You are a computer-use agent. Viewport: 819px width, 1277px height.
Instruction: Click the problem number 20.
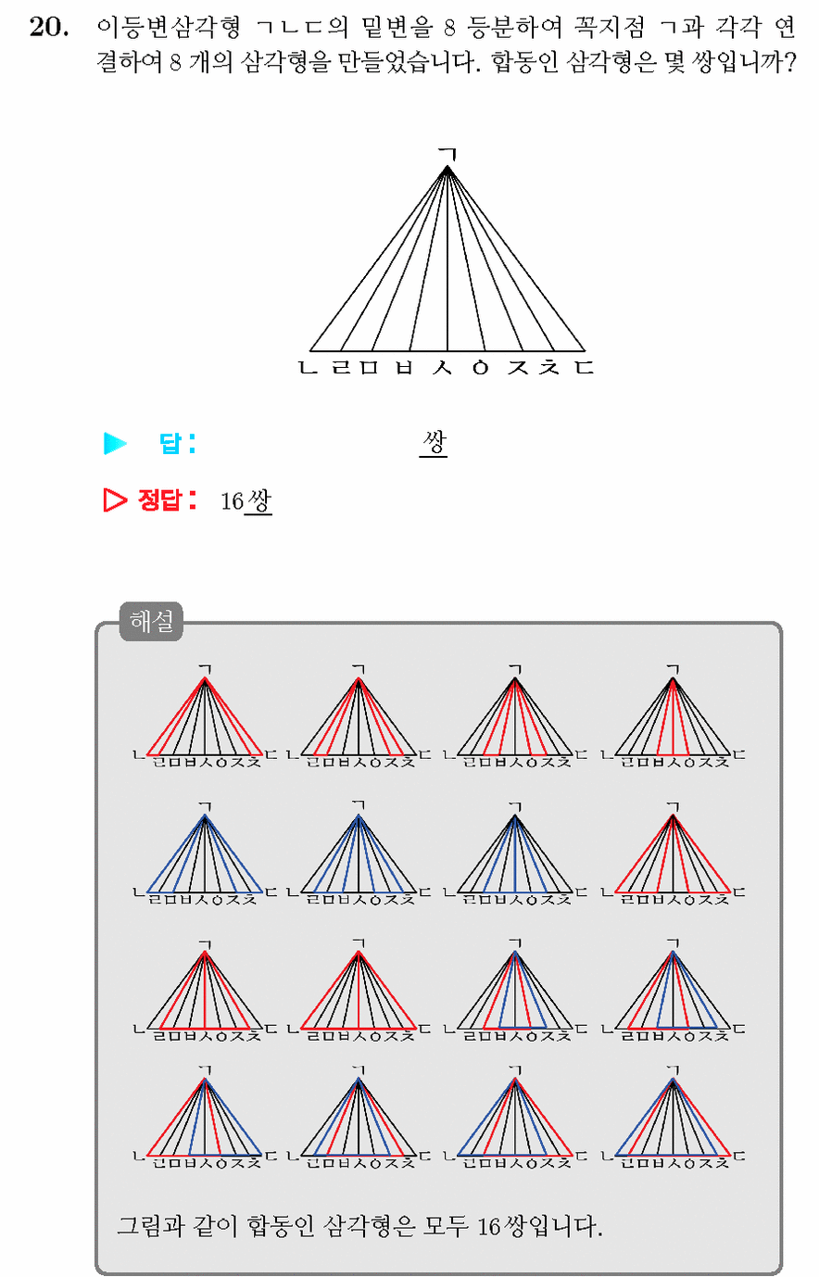pyautogui.click(x=49, y=27)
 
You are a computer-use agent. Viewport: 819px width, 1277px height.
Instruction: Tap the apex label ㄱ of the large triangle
pyautogui.click(x=448, y=153)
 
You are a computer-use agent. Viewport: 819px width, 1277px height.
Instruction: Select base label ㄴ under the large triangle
pyautogui.click(x=308, y=367)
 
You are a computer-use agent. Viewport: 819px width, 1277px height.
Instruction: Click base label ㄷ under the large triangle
pyautogui.click(x=585, y=367)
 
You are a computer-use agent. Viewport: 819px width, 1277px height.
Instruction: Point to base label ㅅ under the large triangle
pyautogui.click(x=442, y=367)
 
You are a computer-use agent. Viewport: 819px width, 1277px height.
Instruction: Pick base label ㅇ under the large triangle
pyautogui.click(x=481, y=368)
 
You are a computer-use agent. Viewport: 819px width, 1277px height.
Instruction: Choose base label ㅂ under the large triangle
pyautogui.click(x=404, y=367)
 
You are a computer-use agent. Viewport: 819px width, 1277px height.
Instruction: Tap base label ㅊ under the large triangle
pyautogui.click(x=549, y=367)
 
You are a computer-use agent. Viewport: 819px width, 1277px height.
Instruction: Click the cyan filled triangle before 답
pyautogui.click(x=115, y=443)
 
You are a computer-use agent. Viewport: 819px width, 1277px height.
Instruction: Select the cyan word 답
pyautogui.click(x=170, y=443)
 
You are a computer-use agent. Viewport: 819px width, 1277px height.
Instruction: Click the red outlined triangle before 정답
pyautogui.click(x=115, y=500)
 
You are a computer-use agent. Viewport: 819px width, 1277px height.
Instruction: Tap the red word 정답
pyautogui.click(x=159, y=500)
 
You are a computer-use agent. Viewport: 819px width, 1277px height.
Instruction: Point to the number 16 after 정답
pyautogui.click(x=232, y=501)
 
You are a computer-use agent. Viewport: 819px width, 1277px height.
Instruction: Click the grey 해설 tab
pyautogui.click(x=151, y=622)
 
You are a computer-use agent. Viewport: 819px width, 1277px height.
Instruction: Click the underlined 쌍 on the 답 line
pyautogui.click(x=434, y=442)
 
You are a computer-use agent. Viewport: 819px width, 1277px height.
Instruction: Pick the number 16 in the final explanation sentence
pyautogui.click(x=488, y=1226)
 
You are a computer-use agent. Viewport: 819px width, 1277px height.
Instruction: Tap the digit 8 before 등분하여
pyautogui.click(x=449, y=28)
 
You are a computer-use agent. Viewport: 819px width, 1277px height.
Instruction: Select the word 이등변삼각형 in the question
pyautogui.click(x=170, y=27)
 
